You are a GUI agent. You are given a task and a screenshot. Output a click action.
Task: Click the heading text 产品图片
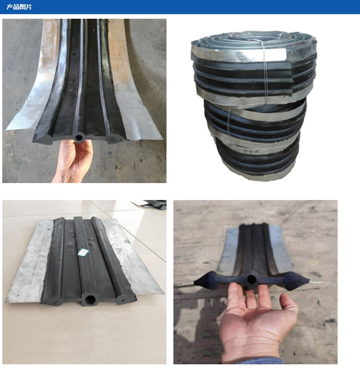19,7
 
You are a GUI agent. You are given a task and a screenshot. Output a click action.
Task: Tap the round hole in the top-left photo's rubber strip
79,137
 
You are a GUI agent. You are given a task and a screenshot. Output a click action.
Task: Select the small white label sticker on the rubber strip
83,252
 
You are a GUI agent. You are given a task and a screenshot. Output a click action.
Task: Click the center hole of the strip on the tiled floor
90,300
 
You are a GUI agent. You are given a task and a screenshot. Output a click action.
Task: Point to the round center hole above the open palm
251,279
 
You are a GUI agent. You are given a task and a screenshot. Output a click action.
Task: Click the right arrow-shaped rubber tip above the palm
297,281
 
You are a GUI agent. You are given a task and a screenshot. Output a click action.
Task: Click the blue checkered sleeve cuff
258,361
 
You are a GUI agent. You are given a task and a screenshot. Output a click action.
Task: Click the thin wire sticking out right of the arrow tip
323,281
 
